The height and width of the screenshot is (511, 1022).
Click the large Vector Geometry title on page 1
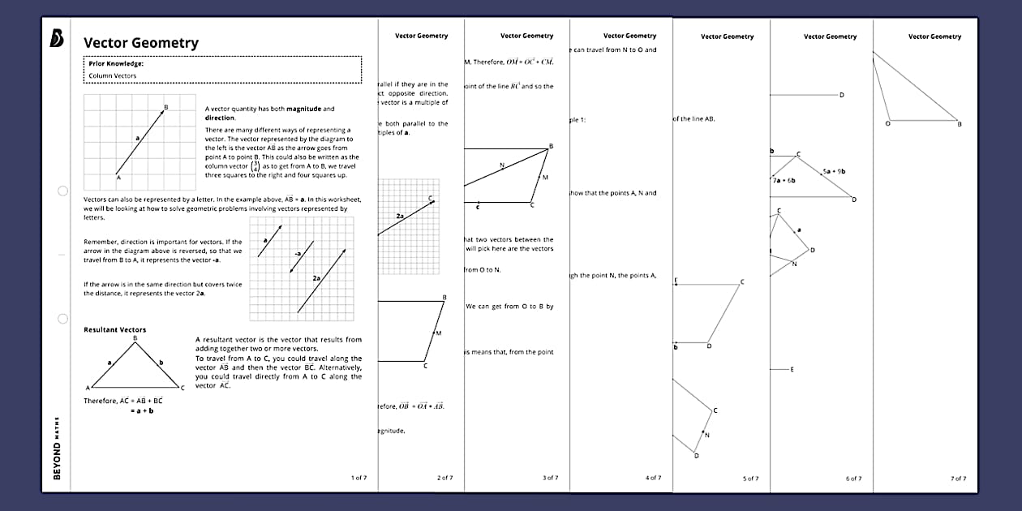(x=140, y=43)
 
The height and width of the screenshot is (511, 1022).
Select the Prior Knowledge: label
(x=116, y=62)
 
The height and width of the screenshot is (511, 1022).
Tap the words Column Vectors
(x=113, y=75)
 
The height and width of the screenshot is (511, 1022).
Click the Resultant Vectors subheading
(x=115, y=330)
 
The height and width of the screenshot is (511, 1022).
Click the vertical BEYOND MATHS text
(x=57, y=450)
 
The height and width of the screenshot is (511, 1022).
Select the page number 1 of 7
(x=359, y=478)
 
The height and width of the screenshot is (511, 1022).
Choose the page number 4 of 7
(x=653, y=478)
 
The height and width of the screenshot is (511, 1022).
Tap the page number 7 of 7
(x=958, y=479)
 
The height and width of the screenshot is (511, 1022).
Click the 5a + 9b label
(x=833, y=171)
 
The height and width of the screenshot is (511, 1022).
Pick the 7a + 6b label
(x=784, y=180)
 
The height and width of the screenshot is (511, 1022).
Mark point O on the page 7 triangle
(x=887, y=123)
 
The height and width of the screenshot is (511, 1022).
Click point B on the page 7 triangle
(x=959, y=124)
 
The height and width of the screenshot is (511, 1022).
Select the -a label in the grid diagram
(x=298, y=254)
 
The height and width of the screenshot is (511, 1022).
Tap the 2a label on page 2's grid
(x=400, y=217)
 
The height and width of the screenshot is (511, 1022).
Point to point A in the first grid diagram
(x=118, y=177)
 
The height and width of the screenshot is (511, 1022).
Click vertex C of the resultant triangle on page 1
(x=182, y=388)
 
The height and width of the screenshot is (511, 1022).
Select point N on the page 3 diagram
(x=502, y=165)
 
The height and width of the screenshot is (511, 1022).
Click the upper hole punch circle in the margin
(x=62, y=191)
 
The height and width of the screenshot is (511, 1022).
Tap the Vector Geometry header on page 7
(x=934, y=36)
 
